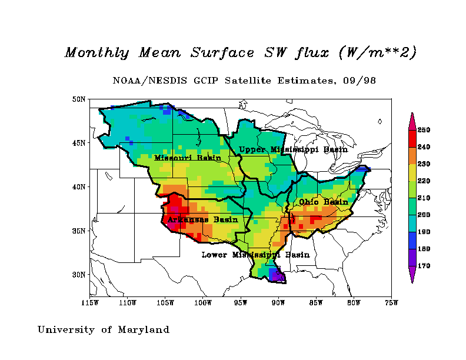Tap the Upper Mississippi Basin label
(x=293, y=149)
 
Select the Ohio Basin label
(x=323, y=202)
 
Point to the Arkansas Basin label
(x=202, y=219)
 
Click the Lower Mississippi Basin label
(x=255, y=255)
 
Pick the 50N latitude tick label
(x=79, y=99)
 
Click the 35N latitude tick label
(x=79, y=231)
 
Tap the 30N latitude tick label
(x=79, y=275)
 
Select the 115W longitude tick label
(x=90, y=304)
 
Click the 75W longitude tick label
(x=391, y=304)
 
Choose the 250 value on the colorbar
(x=424, y=129)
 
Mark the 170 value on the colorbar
(x=424, y=266)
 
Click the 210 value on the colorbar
(x=424, y=198)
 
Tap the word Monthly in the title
(x=96, y=52)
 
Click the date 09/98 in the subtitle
(x=361, y=80)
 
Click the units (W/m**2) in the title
(x=378, y=52)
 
